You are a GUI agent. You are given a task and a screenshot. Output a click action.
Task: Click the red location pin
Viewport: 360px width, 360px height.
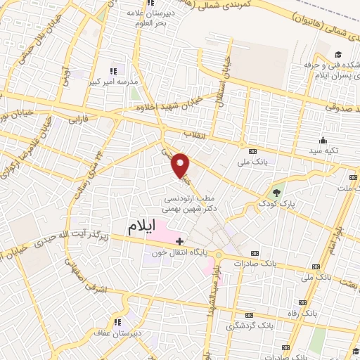(181, 165)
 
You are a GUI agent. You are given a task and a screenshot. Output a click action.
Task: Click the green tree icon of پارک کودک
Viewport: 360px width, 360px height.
(276, 191)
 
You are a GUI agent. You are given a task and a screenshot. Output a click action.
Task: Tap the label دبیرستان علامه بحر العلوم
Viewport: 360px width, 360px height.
(147, 18)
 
